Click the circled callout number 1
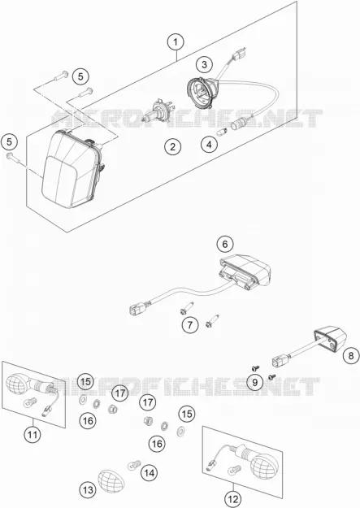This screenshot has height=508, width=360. coord(176,42)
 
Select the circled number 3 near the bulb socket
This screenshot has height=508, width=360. coord(204,64)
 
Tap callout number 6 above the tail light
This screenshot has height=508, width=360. coord(225,244)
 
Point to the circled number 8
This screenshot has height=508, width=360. coord(351,356)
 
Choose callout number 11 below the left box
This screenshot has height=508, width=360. coord(33,434)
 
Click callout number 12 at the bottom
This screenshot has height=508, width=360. coord(233,499)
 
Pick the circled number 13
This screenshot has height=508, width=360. coord(88,490)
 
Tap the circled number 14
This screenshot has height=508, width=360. coord(149,473)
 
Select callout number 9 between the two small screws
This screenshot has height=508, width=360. coord(255,382)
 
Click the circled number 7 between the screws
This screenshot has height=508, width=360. coord(190,324)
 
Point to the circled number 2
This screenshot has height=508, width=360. coord(172,147)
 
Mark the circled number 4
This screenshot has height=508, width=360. coord(209,145)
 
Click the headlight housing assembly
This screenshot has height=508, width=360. coord(73,168)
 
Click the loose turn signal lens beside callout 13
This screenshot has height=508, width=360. coord(111,480)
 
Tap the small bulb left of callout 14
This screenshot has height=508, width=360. coord(134,465)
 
